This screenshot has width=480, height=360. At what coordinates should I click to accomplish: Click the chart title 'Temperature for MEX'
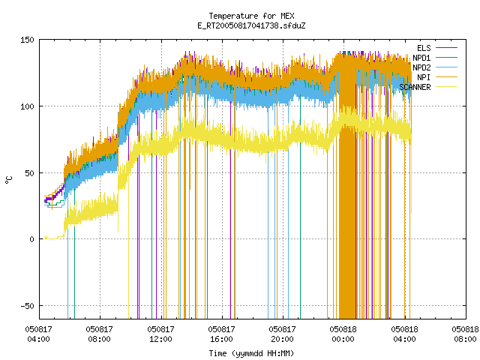(x=251, y=16)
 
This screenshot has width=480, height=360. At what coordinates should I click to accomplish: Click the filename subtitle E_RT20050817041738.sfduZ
(x=251, y=25)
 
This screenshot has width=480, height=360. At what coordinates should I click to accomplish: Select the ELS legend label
(x=424, y=48)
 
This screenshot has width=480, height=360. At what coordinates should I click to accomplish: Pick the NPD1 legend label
(x=421, y=58)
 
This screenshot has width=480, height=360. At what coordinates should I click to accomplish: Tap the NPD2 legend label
(x=421, y=67)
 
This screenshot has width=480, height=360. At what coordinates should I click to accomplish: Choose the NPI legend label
(x=424, y=77)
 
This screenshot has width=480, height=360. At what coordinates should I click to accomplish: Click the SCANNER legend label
(x=415, y=87)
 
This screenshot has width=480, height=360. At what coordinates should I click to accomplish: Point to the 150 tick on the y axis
(x=27, y=40)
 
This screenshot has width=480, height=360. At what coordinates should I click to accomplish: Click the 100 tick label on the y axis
(x=27, y=106)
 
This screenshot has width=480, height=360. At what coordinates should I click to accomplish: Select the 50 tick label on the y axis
(x=30, y=173)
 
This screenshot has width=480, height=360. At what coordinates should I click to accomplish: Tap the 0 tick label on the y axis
(x=31, y=239)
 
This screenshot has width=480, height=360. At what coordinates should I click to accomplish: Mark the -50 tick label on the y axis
(x=27, y=306)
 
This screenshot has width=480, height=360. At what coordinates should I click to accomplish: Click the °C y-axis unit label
(x=9, y=180)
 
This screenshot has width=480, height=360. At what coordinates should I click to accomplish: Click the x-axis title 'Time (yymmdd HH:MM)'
(x=251, y=353)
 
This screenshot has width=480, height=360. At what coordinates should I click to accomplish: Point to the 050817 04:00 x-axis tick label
(x=38, y=334)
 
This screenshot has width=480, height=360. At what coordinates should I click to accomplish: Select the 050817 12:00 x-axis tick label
(x=160, y=334)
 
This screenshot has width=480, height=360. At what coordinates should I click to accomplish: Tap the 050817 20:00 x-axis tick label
(x=282, y=334)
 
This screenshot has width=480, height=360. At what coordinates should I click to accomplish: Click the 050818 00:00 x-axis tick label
(x=343, y=334)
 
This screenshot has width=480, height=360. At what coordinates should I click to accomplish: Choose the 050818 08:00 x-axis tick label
(x=465, y=334)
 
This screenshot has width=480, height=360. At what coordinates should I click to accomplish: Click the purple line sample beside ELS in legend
(x=446, y=48)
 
